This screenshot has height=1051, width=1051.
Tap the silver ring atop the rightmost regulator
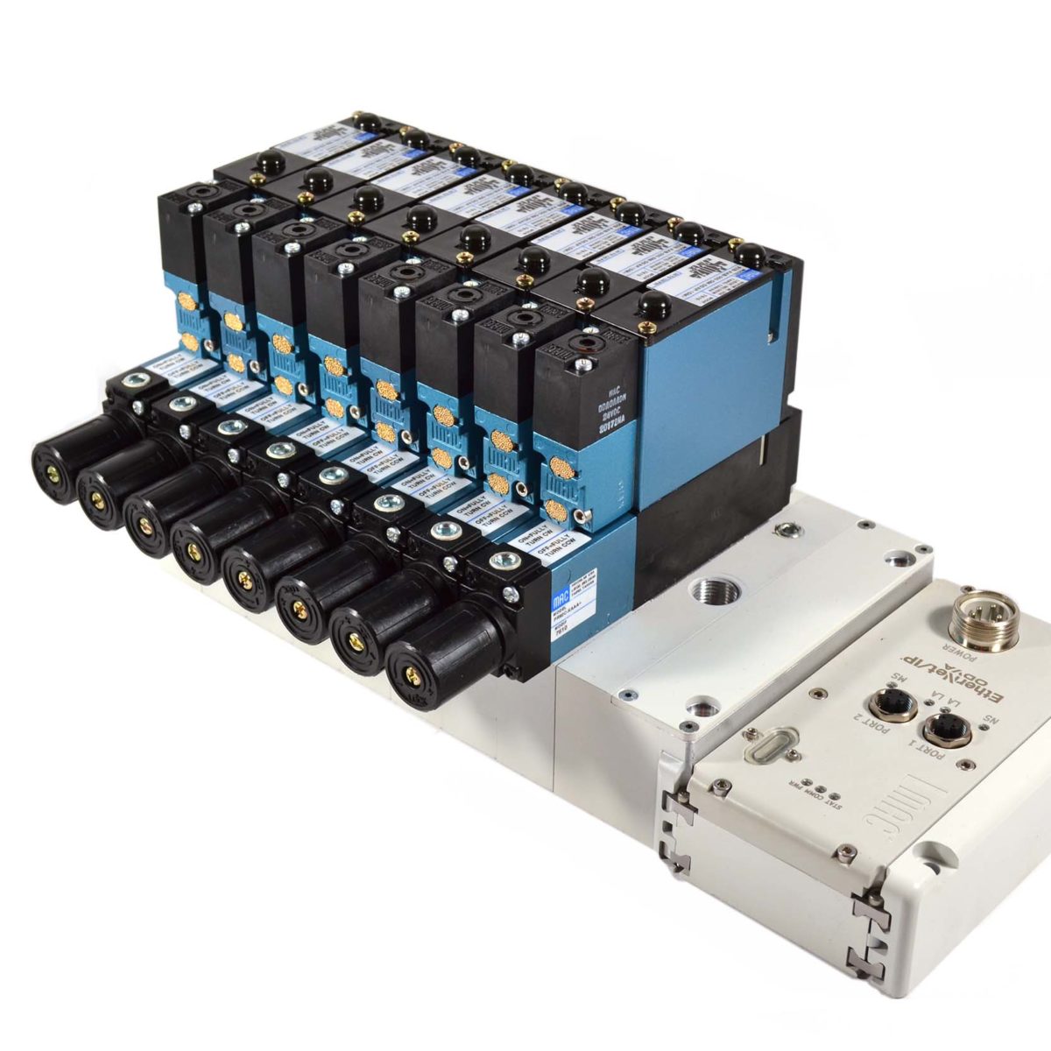(504, 560)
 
